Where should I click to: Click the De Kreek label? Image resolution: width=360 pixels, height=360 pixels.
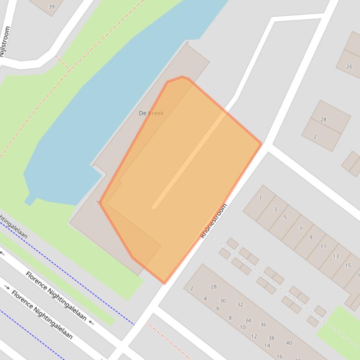(151, 113)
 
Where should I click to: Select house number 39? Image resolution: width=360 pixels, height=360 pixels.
(51, 7)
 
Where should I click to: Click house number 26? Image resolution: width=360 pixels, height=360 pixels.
(349, 67)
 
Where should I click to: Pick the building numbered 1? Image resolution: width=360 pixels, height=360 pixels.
(260, 198)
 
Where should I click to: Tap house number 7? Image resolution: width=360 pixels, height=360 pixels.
(301, 229)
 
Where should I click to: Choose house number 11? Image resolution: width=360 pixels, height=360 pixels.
(323, 246)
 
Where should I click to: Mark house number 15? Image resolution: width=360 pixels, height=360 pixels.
(348, 266)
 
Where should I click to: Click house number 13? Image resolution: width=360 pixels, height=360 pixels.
(336, 256)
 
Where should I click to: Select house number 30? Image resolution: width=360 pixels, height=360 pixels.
(223, 301)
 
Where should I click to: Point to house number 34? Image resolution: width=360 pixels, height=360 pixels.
(248, 320)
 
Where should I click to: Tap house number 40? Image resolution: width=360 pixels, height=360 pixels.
(289, 343)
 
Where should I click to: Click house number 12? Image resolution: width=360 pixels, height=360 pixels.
(254, 336)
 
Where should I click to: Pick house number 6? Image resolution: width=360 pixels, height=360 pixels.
(218, 308)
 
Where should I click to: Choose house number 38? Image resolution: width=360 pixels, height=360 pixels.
(271, 338)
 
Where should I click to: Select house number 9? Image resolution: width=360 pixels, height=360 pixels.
(310, 238)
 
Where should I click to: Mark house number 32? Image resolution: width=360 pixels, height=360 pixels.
(240, 304)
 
